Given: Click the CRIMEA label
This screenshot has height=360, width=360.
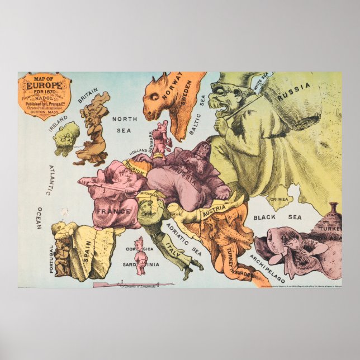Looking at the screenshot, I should point(280,199).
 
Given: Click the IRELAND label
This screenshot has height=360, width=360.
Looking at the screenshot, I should point(58,124).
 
